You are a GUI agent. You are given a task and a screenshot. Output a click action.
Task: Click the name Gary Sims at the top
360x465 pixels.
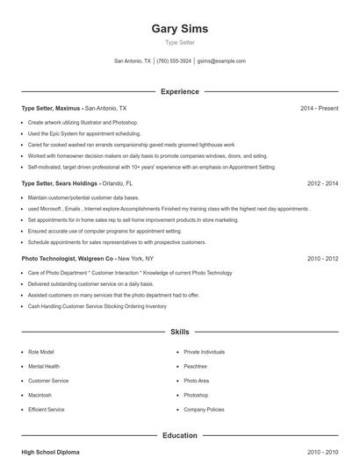pyautogui.click(x=179, y=28)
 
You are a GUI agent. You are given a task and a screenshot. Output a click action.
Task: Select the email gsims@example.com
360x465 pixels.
pyautogui.click(x=221, y=61)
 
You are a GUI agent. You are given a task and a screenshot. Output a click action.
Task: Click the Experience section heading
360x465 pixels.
pyautogui.click(x=179, y=91)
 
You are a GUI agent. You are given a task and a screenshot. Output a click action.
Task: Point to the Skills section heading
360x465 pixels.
pyautogui.click(x=179, y=333)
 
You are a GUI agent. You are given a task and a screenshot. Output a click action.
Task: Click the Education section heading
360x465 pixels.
pyautogui.click(x=179, y=435)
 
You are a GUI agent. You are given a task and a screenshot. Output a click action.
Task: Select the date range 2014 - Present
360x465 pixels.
pyautogui.click(x=319, y=108)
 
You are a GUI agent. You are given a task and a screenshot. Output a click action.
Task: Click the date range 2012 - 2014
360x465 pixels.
pyautogui.click(x=322, y=184)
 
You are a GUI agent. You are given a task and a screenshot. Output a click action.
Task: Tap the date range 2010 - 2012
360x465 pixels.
pyautogui.click(x=322, y=260)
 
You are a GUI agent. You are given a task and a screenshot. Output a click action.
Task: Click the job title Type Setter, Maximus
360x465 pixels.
pyautogui.click(x=52, y=108)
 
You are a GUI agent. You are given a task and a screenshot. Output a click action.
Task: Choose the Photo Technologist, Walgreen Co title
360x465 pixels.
pyautogui.click(x=68, y=260)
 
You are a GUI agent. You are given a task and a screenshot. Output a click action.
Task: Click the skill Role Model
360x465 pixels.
pyautogui.click(x=41, y=352)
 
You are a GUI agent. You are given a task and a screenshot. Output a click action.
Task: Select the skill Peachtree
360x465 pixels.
pyautogui.click(x=195, y=366)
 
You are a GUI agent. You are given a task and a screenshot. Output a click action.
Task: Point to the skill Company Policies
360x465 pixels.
pyautogui.click(x=204, y=410)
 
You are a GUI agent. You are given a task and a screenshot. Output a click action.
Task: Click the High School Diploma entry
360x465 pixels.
pyautogui.click(x=50, y=453)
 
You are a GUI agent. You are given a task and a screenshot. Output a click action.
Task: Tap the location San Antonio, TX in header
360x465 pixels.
pyautogui.click(x=133, y=61)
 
